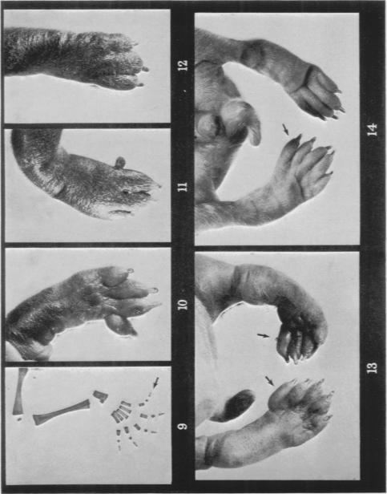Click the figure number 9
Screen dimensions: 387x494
click(x=182, y=427)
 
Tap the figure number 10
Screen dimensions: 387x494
click(x=183, y=304)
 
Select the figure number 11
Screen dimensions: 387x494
click(x=183, y=186)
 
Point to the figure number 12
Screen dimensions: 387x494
click(x=183, y=67)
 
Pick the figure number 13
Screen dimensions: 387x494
click(x=372, y=367)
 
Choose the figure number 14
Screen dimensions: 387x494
click(x=373, y=129)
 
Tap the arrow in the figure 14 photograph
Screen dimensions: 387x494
click(x=285, y=129)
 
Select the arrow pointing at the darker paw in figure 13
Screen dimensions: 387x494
click(x=264, y=336)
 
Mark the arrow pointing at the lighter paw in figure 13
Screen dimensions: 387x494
click(x=269, y=380)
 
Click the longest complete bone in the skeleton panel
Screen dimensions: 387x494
click(x=62, y=411)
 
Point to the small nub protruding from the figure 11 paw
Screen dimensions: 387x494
click(x=120, y=162)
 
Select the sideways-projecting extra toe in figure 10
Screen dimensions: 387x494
click(x=120, y=325)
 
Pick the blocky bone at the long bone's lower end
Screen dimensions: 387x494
click(x=100, y=396)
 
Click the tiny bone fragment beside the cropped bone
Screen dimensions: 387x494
click(x=19, y=419)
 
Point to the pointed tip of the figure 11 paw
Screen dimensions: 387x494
click(x=159, y=186)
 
